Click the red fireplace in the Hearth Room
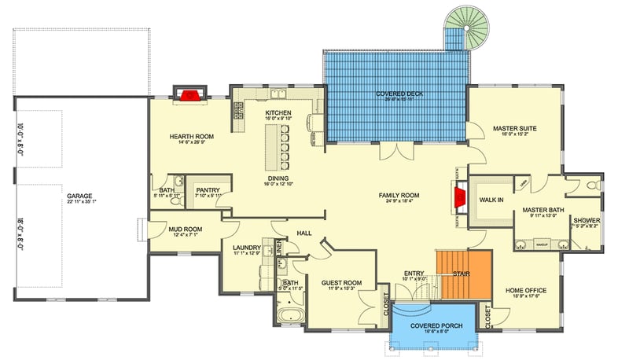click(x=189, y=96)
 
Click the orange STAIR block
click(x=464, y=275)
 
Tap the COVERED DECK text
click(x=398, y=94)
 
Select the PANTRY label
click(x=208, y=189)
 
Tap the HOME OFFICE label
click(x=525, y=290)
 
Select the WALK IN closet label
click(x=491, y=201)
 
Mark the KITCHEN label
click(x=278, y=113)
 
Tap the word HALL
click(x=304, y=233)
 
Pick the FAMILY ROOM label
click(x=399, y=195)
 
